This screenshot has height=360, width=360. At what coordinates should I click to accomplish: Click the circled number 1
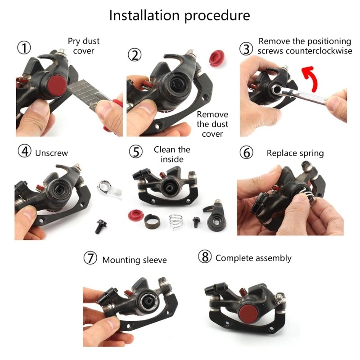pos(24,48)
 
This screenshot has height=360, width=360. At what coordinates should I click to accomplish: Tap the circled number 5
pos(136,152)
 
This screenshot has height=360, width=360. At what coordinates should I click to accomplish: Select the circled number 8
pos(205,256)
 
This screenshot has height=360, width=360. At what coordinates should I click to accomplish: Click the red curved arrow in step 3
pos(310,78)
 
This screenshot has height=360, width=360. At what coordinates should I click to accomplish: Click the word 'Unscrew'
pos(51,153)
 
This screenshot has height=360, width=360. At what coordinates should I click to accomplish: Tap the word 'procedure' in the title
pos(217,16)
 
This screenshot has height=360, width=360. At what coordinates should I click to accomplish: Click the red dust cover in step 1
pos(56,85)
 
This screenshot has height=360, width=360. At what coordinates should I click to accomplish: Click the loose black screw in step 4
pos(100,226)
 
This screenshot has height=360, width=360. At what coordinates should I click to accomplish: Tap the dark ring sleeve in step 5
pos(152,221)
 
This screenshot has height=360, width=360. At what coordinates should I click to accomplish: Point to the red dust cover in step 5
pos(136,215)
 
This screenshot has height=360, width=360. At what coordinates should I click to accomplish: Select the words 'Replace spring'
pos(295,153)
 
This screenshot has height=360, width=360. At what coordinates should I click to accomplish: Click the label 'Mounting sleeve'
pos(135,260)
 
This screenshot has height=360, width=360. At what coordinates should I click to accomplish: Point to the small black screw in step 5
pos(196,222)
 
